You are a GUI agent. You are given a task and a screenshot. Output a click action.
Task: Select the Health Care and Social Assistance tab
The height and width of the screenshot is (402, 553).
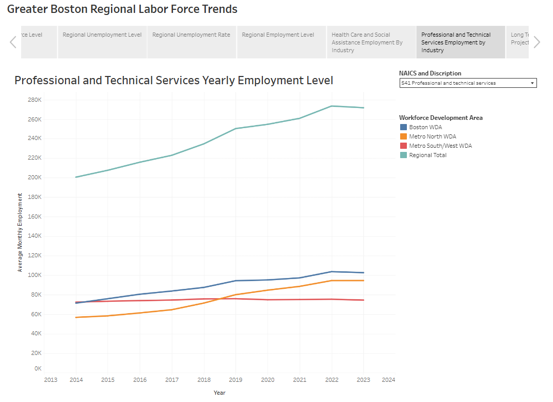coord(371,42)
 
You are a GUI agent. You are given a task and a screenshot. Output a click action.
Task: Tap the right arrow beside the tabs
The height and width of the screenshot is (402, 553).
coord(536,42)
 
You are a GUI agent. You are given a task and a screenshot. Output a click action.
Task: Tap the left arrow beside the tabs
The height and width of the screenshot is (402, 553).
coord(13,42)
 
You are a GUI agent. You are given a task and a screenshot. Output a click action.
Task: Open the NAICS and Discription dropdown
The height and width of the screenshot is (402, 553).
coord(468,83)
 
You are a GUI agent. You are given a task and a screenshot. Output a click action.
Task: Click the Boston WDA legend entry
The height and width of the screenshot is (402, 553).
coord(425,127)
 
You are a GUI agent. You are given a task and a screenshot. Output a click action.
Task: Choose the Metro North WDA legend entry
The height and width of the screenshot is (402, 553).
coord(432,136)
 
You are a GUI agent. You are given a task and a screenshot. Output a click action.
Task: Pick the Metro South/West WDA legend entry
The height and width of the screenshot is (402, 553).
coord(440,146)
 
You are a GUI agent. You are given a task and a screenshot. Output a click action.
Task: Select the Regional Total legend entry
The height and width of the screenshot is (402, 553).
coord(428,155)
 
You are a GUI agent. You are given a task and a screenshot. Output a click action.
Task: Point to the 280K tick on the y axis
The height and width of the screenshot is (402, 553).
coord(35,100)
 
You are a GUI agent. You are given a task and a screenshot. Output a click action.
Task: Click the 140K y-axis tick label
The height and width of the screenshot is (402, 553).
coord(35,236)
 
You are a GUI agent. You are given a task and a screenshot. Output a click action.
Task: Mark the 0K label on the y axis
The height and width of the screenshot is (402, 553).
coord(38,368)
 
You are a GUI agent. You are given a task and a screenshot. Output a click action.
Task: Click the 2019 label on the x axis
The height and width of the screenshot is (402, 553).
coord(235,380)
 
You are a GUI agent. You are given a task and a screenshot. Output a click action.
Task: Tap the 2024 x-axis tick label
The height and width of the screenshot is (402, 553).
coord(388,380)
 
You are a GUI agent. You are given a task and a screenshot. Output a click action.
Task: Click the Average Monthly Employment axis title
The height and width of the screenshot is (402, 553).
coord(20,233)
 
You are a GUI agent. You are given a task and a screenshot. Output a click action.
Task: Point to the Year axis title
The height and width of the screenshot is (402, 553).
coord(219,393)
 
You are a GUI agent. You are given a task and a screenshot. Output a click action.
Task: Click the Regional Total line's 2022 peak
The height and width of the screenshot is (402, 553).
coord(331,106)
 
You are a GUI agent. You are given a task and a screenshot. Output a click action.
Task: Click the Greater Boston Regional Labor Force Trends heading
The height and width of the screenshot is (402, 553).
coord(122,9)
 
